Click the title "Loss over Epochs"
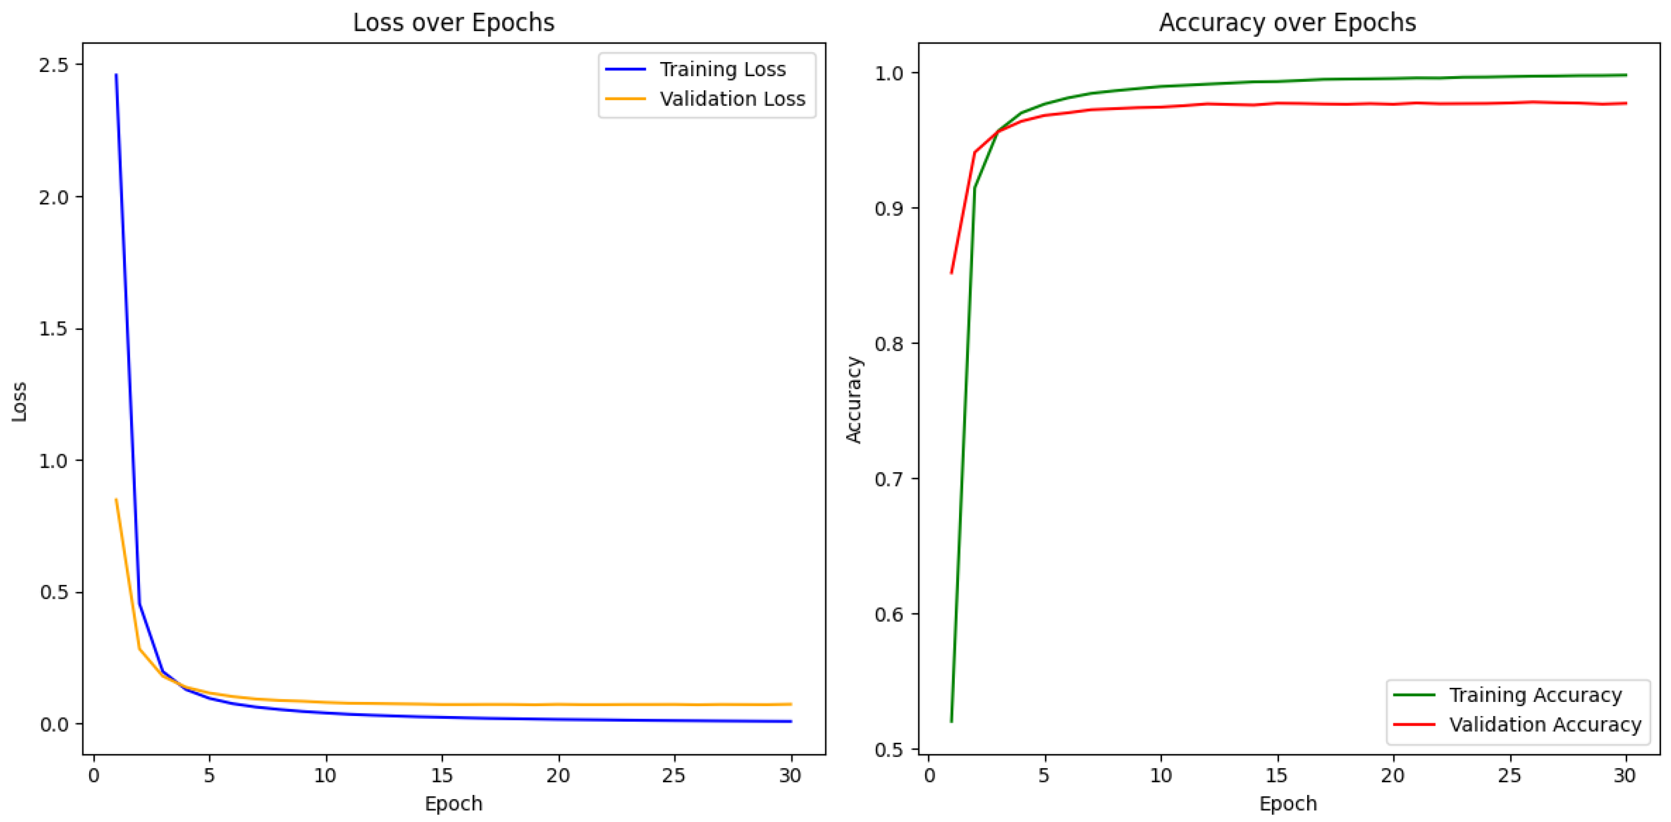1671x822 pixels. [x=454, y=23]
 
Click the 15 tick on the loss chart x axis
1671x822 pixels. [x=442, y=775]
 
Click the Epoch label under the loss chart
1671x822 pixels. [x=454, y=804]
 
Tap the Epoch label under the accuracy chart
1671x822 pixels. [x=1288, y=804]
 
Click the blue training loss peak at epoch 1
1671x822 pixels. [x=116, y=75]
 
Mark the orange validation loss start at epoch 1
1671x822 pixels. [x=116, y=499]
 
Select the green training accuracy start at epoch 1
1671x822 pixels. [x=951, y=721]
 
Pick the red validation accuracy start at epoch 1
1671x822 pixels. [x=951, y=273]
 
